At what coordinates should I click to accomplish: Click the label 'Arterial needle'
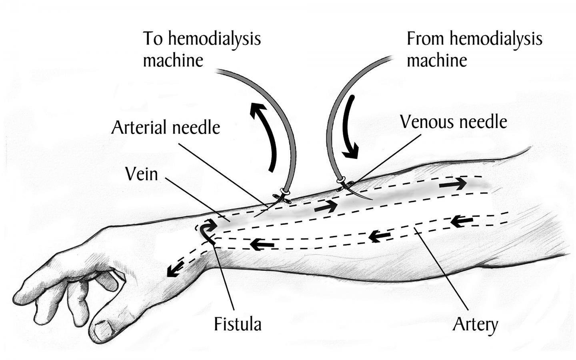tap(166, 128)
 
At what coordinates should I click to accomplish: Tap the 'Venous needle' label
tap(454, 122)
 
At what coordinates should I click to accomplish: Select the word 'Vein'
tap(141, 174)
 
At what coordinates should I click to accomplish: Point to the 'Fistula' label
tap(238, 324)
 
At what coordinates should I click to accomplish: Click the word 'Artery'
tap(475, 324)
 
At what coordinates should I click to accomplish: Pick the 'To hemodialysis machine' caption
tap(202, 49)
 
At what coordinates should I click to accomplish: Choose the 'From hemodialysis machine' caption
tap(474, 49)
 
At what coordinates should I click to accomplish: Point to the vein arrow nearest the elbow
tap(453, 184)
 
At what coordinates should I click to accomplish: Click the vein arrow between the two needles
tap(326, 207)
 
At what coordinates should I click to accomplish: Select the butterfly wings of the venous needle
tap(345, 184)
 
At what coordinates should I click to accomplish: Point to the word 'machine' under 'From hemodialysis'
tap(437, 61)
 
